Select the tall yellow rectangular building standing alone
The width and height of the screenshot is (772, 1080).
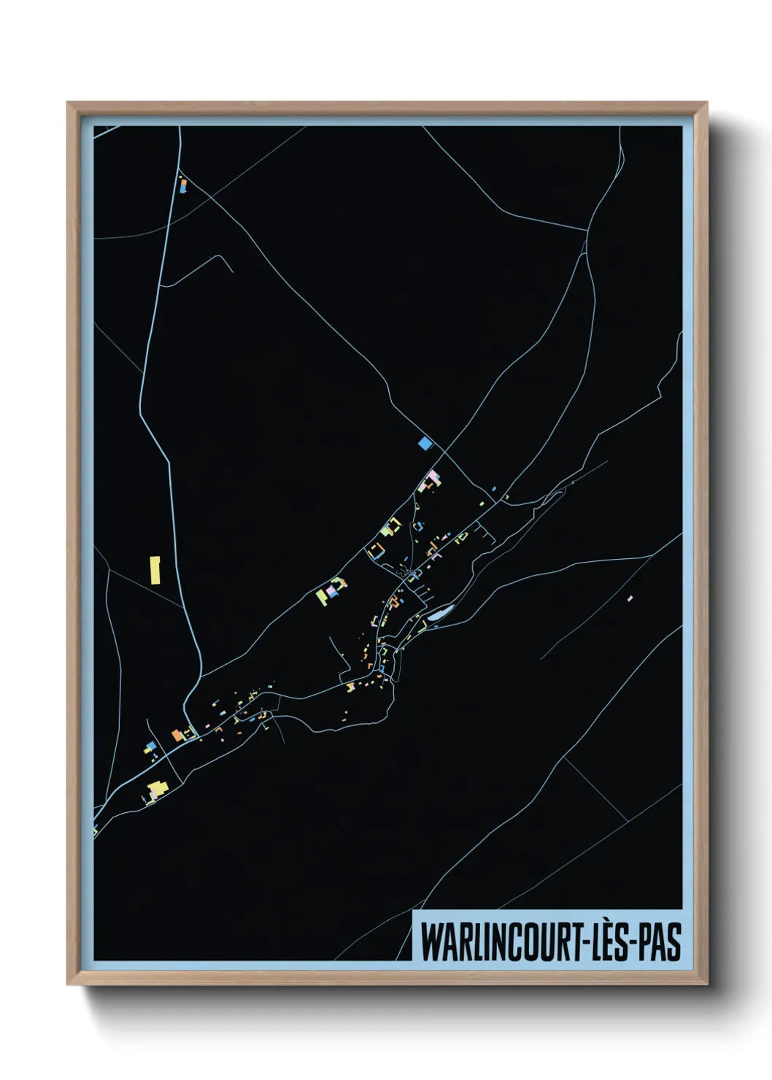tap(155, 570)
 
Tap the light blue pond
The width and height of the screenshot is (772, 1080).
tap(439, 614)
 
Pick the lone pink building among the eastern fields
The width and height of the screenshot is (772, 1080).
tap(630, 598)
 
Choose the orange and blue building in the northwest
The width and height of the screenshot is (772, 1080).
tap(182, 185)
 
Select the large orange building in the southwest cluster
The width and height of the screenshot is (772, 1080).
tap(178, 735)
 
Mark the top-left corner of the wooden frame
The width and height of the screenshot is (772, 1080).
tap(68, 103)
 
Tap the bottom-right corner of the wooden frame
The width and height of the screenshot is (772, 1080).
tap(706, 984)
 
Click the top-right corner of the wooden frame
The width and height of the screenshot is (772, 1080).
tap(706, 103)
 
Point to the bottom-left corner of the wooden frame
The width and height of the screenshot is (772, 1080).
tap(68, 984)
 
